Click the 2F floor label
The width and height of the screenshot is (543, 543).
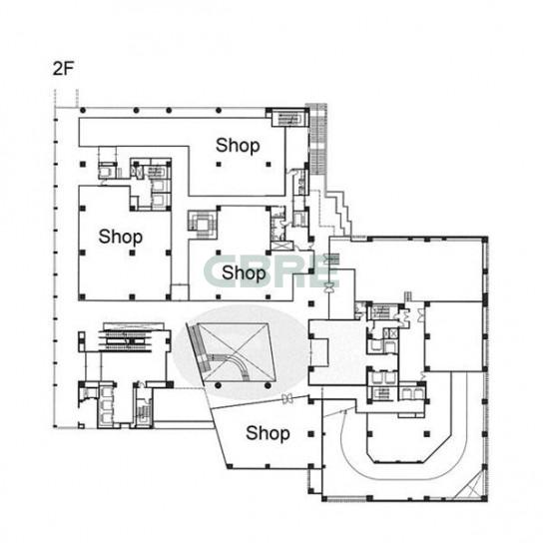(63, 69)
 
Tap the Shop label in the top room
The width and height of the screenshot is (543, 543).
(238, 146)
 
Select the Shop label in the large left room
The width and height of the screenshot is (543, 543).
(121, 237)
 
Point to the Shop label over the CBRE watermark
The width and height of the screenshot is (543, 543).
(244, 272)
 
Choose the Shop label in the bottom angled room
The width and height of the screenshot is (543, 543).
(268, 433)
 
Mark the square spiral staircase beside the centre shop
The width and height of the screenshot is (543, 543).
(203, 224)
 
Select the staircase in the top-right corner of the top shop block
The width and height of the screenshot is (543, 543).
(288, 118)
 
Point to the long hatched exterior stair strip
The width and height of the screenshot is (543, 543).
(317, 140)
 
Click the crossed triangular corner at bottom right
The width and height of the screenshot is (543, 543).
(470, 485)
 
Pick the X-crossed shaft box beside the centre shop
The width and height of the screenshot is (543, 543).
(278, 246)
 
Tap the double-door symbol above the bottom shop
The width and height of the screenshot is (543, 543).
(286, 399)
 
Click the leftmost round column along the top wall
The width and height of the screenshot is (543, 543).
(83, 111)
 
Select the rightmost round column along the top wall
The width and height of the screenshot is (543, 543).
(219, 111)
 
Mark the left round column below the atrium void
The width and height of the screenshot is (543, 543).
(218, 385)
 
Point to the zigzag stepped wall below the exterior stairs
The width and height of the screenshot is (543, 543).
(337, 212)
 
